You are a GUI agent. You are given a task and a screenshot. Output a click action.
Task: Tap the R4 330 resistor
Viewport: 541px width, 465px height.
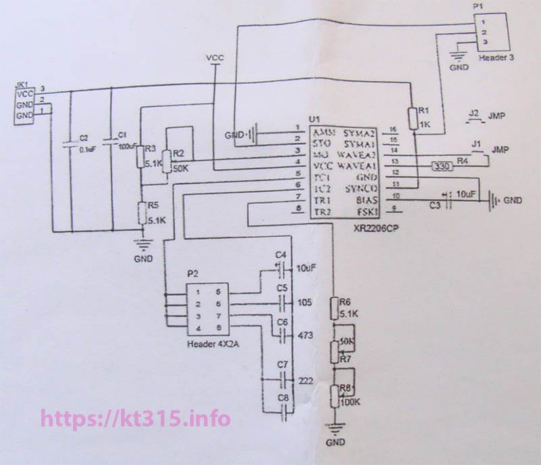point(440,165)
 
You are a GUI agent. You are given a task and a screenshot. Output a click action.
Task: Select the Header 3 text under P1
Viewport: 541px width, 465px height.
point(496,58)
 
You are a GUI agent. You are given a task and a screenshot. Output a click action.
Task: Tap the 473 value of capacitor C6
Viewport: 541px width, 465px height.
point(305,335)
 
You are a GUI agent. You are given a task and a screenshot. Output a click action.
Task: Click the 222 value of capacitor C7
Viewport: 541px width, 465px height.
point(305,381)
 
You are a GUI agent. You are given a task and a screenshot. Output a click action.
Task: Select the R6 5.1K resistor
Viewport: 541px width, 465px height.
point(333,309)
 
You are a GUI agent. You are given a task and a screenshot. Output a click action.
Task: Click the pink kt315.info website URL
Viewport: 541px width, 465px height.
point(135,418)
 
